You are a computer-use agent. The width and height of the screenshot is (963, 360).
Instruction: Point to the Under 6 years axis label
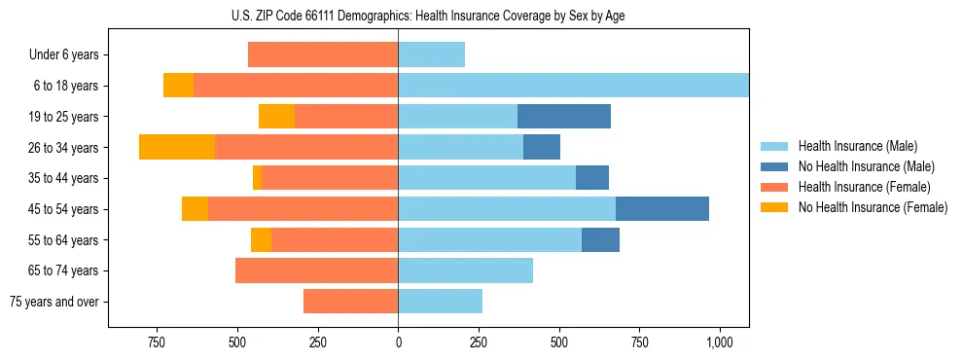[63, 54]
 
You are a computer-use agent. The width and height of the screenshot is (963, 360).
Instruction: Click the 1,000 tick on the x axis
[720, 343]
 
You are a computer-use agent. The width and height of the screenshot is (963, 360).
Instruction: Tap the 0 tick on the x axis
[398, 343]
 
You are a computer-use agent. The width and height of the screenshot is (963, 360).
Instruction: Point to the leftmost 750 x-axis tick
[156, 343]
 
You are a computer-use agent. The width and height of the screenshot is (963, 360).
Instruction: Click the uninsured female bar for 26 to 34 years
[177, 147]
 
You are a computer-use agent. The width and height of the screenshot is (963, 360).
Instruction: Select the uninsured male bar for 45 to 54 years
[662, 209]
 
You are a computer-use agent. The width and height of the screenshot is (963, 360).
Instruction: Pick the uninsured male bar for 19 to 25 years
[564, 117]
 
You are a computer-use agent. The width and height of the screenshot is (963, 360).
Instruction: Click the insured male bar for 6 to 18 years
[573, 86]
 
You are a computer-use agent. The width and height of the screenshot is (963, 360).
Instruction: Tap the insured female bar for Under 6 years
[323, 54]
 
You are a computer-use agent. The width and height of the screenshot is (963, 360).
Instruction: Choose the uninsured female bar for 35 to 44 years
[257, 178]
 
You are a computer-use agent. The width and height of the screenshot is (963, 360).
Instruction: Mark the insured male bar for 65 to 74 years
[465, 270]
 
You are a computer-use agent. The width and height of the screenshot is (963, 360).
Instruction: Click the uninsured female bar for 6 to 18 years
[178, 86]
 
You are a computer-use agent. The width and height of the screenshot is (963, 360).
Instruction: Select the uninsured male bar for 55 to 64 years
[600, 239]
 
